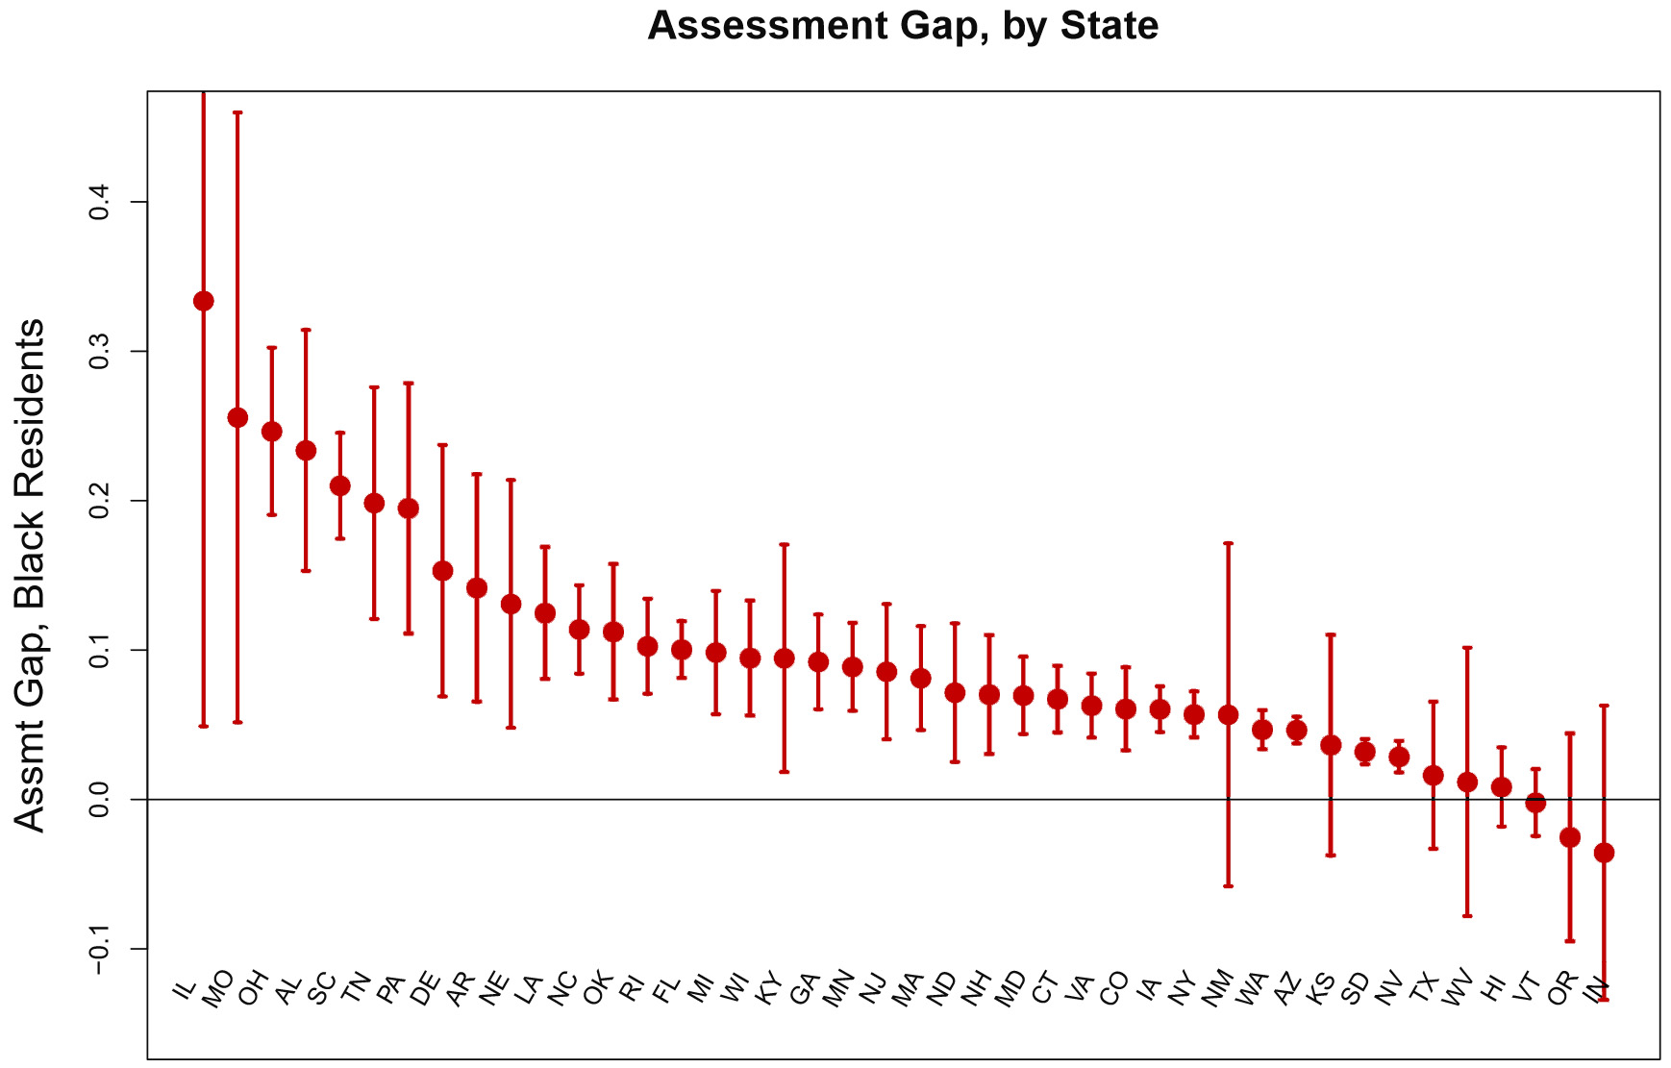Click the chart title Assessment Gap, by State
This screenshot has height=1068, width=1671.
tap(903, 26)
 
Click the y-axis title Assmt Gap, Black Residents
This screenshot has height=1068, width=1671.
tap(30, 575)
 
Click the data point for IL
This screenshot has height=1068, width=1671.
tap(204, 301)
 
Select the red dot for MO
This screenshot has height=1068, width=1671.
tap(237, 417)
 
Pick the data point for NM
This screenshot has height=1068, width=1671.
tap(1228, 714)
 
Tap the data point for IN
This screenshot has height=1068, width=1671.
tap(1604, 853)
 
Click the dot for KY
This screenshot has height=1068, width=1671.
tap(785, 658)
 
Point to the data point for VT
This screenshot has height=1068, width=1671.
tap(1535, 803)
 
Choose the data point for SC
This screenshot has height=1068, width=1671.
tap(340, 485)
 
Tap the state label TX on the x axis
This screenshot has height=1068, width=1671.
tap(1424, 987)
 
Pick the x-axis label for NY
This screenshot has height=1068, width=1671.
tap(1183, 988)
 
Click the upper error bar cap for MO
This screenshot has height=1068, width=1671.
tap(237, 112)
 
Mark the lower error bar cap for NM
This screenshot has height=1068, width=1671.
tap(1228, 885)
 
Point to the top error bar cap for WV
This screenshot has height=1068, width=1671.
tap(1467, 648)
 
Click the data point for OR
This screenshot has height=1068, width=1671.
tap(1570, 837)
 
